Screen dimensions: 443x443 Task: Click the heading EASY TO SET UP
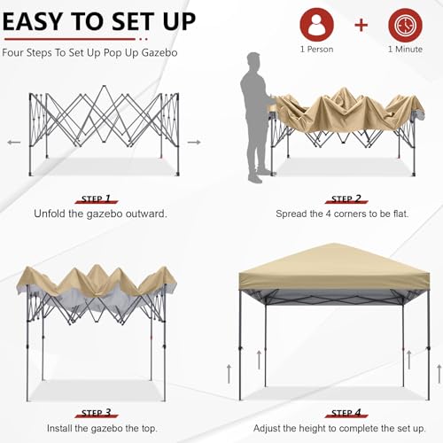tap(99, 20)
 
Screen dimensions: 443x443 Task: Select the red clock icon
tap(405, 23)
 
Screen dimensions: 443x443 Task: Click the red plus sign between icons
tap(361, 24)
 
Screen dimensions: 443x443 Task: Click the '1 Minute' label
tap(405, 50)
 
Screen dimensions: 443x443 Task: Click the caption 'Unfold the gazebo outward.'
tap(100, 214)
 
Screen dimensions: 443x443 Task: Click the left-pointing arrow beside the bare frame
tap(13, 141)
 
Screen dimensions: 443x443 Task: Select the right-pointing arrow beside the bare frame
tap(194, 141)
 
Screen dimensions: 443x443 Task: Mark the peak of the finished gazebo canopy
tap(333, 245)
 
